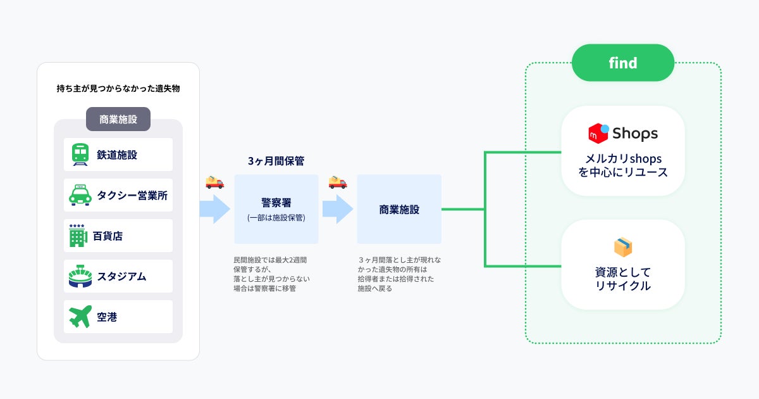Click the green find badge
pos(623,63)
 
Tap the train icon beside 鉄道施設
pos(80,155)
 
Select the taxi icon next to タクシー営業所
pos(80,195)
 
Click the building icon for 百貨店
pos(77,236)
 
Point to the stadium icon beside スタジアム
pos(80,276)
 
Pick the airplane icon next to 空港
pos(80,317)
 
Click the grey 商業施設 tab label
pos(118,119)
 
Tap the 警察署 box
pos(276,209)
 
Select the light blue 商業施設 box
pos(398,210)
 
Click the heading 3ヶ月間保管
pos(276,161)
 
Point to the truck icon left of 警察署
pos(214,182)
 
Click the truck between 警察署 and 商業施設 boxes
pos(337,182)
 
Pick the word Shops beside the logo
pos(634,134)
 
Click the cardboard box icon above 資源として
pos(623,247)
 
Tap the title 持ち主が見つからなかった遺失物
pos(118,89)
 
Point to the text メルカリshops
pos(623,159)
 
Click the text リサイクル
pos(623,286)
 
